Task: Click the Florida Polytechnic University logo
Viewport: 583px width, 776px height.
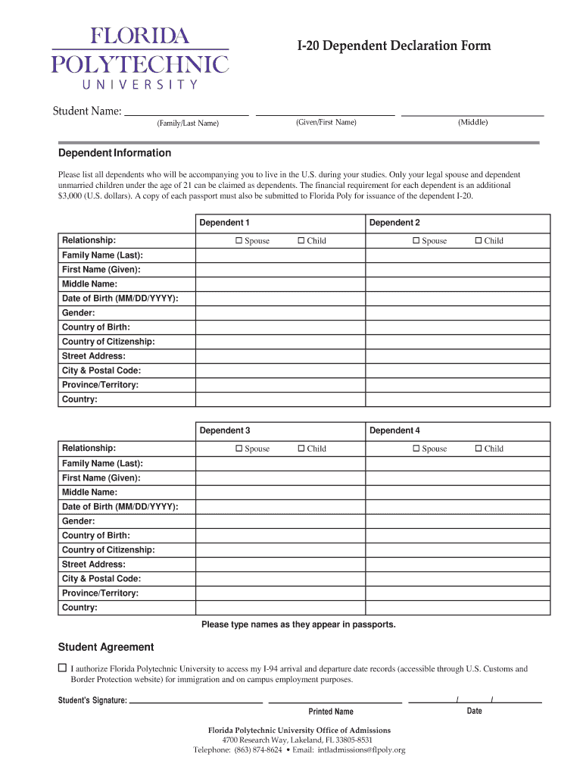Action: [x=140, y=58]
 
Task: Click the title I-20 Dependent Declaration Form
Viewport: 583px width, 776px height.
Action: [x=393, y=46]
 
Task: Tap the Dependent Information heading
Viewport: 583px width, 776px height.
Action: [x=114, y=152]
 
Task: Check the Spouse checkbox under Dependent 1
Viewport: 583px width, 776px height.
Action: [x=238, y=241]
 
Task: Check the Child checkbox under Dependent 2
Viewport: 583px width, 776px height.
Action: [x=479, y=241]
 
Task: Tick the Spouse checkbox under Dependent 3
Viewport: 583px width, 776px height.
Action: [x=238, y=449]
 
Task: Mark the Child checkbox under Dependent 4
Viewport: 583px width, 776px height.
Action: [x=479, y=449]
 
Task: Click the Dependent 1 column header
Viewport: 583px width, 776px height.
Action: [x=224, y=223]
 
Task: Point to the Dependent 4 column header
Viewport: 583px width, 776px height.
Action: [x=394, y=430]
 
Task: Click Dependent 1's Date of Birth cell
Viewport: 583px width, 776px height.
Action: [x=281, y=299]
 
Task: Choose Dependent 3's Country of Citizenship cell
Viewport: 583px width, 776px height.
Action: [x=281, y=550]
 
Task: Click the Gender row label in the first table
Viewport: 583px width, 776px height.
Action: [x=78, y=313]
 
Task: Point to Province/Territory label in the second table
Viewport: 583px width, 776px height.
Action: [x=100, y=593]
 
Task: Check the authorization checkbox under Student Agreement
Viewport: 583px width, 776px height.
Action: [x=63, y=668]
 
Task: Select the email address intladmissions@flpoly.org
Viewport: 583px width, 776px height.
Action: [x=361, y=750]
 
